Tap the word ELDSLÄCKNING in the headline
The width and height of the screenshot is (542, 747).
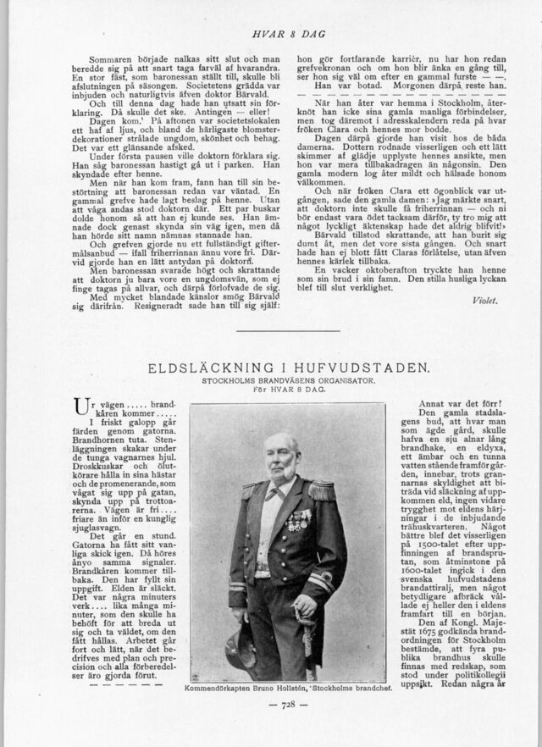pos(207,368)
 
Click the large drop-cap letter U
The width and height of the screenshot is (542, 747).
pos(82,409)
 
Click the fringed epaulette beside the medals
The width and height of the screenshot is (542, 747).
pos(322,490)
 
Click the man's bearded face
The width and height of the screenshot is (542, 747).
pos(280,458)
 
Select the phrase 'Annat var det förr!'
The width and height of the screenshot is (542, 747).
pos(460,404)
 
